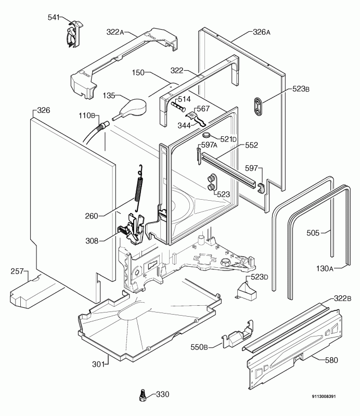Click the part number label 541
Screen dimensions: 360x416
point(54,18)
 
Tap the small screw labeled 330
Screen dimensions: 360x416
point(143,395)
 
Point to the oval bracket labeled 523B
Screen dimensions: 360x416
point(259,107)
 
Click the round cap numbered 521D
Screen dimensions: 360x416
point(207,136)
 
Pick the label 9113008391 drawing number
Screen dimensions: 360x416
point(324,396)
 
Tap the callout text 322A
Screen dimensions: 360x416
point(115,32)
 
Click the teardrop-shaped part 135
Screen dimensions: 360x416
point(131,108)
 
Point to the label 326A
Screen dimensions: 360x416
point(262,32)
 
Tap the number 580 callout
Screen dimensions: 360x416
point(331,360)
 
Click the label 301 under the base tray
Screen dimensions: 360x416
point(98,365)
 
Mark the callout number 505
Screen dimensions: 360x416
point(313,232)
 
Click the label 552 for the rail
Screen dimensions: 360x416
point(251,145)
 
